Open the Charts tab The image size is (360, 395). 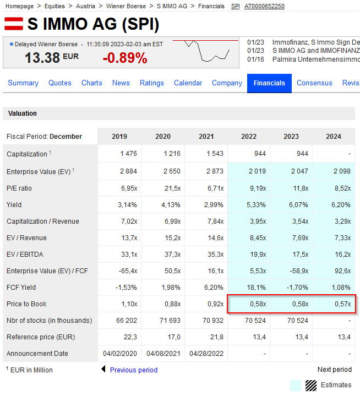(92, 83)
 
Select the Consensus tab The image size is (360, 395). (314, 83)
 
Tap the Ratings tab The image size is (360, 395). (152, 83)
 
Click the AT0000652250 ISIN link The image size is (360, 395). (264, 6)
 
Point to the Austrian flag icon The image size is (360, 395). (13, 24)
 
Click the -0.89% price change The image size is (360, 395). (125, 58)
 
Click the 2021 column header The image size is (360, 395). (206, 137)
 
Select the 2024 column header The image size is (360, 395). (334, 137)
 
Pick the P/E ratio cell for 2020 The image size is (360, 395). (163, 188)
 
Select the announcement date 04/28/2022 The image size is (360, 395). (206, 354)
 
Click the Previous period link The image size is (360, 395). (133, 370)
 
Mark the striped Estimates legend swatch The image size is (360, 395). (311, 385)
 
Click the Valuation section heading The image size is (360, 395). (23, 113)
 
